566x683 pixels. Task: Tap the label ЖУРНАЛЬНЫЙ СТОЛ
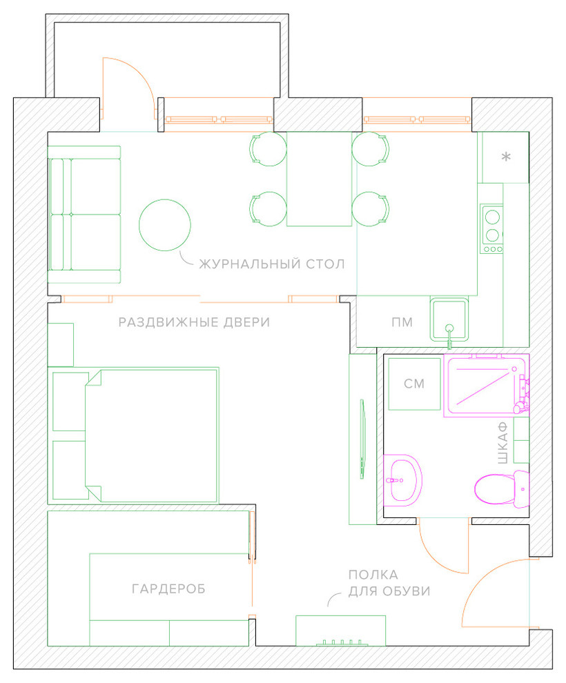(x=272, y=264)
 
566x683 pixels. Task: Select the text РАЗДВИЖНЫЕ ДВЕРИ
(x=195, y=322)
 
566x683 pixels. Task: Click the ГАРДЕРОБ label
(x=168, y=589)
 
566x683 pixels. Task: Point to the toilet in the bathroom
(x=501, y=488)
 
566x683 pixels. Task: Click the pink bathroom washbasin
(x=402, y=480)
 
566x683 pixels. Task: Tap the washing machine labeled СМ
(x=414, y=384)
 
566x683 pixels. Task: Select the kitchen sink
(x=449, y=319)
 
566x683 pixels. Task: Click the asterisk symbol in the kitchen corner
(x=506, y=157)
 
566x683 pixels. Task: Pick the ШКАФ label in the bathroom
(x=502, y=442)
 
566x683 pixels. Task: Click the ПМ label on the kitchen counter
(x=402, y=322)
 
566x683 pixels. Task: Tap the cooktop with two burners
(x=491, y=228)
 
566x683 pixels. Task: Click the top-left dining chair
(x=269, y=149)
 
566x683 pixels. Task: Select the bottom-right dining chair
(x=371, y=209)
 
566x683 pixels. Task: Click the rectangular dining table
(x=319, y=179)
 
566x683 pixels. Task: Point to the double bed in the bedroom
(x=152, y=436)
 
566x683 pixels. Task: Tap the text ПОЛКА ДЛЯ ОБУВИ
(x=389, y=583)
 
